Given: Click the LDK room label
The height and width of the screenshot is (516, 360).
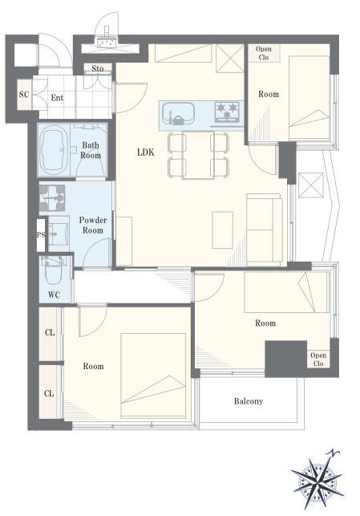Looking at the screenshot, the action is pyautogui.click(x=146, y=152).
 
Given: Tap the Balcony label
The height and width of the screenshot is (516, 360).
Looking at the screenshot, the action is pyautogui.click(x=249, y=401).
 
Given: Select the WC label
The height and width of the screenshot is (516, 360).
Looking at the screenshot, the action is pyautogui.click(x=54, y=295).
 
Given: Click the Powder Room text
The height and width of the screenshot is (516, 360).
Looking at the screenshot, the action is pyautogui.click(x=93, y=225).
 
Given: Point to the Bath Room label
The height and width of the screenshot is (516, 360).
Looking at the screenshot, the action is pyautogui.click(x=91, y=150).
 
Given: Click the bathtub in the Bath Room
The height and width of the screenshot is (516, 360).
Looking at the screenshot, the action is pyautogui.click(x=54, y=150).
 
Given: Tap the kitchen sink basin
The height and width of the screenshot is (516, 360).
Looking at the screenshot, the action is pyautogui.click(x=177, y=114).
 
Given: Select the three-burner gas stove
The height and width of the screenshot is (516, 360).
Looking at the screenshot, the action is pyautogui.click(x=227, y=112).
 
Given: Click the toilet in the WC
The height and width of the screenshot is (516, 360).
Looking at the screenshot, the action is pyautogui.click(x=54, y=270).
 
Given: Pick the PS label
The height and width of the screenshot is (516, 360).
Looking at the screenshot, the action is pyautogui.click(x=41, y=235).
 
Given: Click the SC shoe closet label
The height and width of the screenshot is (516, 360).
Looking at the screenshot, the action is pyautogui.click(x=24, y=95).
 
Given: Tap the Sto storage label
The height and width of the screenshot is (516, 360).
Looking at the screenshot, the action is pyautogui.click(x=97, y=68).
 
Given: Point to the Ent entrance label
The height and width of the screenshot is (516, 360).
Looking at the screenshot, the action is pyautogui.click(x=57, y=98).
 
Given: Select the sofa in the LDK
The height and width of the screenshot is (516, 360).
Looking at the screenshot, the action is pyautogui.click(x=265, y=230).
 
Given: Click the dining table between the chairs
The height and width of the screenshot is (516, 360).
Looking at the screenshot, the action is pyautogui.click(x=198, y=155).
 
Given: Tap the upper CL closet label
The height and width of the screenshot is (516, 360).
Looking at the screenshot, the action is pyautogui.click(x=50, y=332).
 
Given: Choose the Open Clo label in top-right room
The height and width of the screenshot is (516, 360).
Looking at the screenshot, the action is pyautogui.click(x=264, y=53).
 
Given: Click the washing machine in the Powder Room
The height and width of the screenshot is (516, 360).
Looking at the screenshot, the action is pyautogui.click(x=52, y=197).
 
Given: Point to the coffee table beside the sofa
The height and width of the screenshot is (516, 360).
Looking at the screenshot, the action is pyautogui.click(x=223, y=230).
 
